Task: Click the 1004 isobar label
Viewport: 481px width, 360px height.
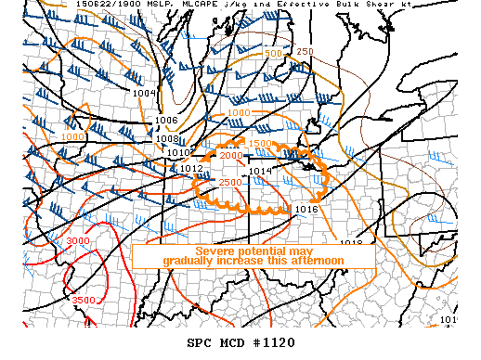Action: (143, 92)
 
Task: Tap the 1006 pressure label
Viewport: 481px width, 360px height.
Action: (166, 120)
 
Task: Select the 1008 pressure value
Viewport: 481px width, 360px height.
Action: (167, 139)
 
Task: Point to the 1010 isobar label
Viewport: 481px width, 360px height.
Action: (181, 152)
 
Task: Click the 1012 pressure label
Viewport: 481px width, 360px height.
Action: (192, 169)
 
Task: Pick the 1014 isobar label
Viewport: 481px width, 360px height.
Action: (260, 171)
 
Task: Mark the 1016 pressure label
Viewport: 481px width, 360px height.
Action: (306, 209)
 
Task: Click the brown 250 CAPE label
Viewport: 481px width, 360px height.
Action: (305, 51)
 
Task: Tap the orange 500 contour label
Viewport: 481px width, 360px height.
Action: (272, 54)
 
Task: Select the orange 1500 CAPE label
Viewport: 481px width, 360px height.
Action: (260, 144)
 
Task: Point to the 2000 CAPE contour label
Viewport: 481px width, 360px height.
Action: (228, 155)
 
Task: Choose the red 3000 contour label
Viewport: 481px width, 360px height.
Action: (78, 241)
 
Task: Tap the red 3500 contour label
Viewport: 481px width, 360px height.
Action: (84, 300)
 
